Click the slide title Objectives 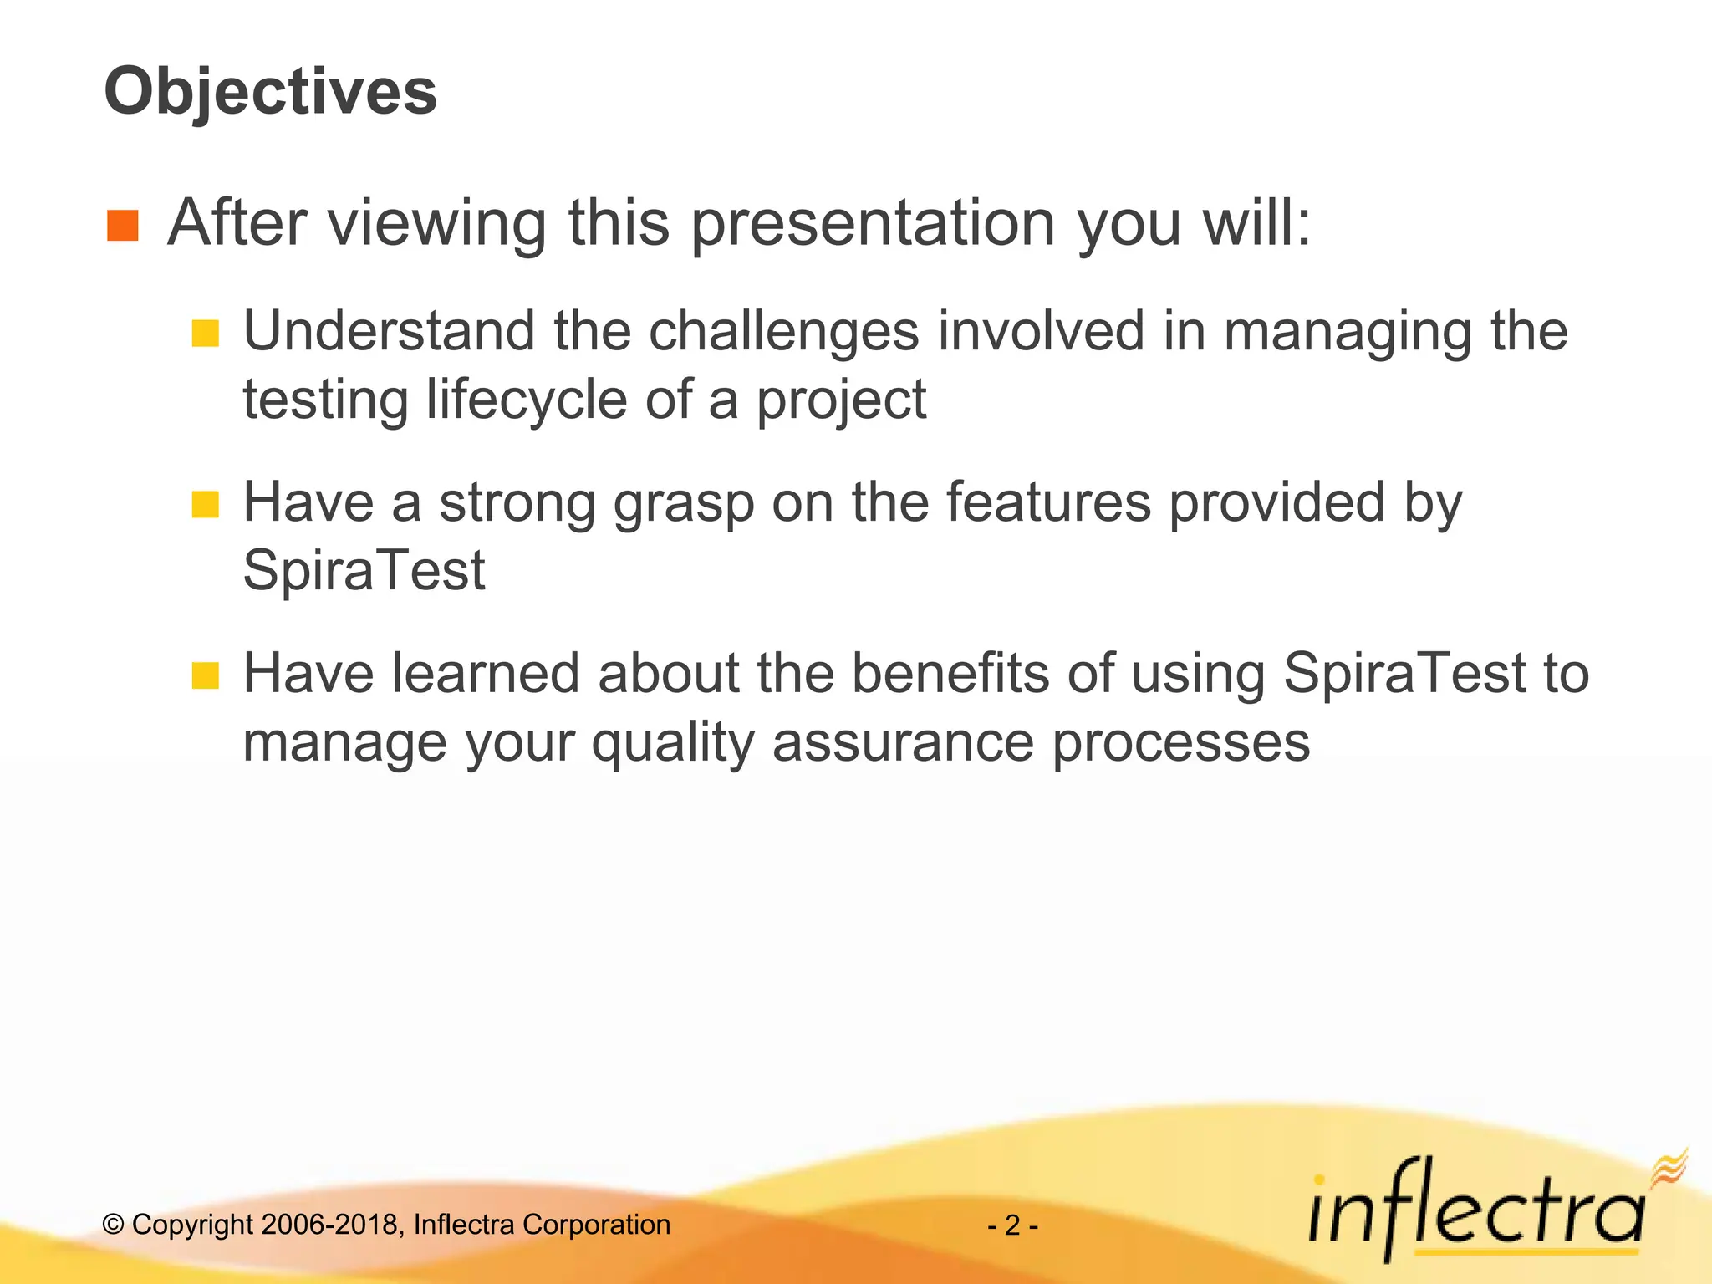click(270, 92)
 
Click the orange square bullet click(123, 226)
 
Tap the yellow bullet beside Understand click(205, 334)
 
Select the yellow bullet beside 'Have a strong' click(205, 505)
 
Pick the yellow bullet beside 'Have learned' click(205, 675)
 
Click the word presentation click(873, 224)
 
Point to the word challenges click(784, 331)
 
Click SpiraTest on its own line click(364, 571)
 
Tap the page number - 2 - click(1012, 1225)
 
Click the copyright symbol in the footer click(113, 1225)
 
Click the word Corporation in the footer click(596, 1225)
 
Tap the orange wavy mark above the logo click(1669, 1167)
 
